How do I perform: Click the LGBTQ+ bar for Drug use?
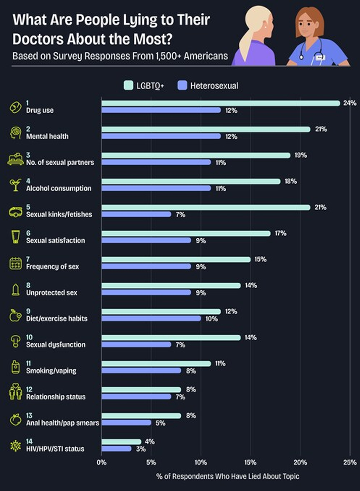click(221, 103)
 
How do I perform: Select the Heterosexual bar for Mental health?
click(161, 136)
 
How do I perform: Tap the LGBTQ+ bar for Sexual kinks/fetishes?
click(206, 207)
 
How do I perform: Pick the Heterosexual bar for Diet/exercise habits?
click(151, 319)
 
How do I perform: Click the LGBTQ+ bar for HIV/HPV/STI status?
click(122, 441)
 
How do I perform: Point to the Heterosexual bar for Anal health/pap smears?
click(127, 423)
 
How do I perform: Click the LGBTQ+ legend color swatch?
click(128, 86)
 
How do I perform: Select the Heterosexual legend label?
click(214, 86)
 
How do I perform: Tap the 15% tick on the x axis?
click(250, 462)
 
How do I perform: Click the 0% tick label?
click(102, 462)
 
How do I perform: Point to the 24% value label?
click(349, 103)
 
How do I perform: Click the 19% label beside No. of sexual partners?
click(300, 155)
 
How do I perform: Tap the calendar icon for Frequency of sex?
click(15, 263)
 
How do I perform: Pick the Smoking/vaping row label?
click(51, 371)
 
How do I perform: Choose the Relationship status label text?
click(56, 397)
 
